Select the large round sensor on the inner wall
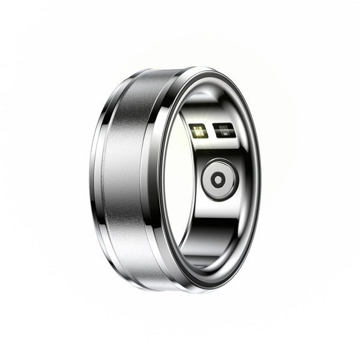pos(220,179)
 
